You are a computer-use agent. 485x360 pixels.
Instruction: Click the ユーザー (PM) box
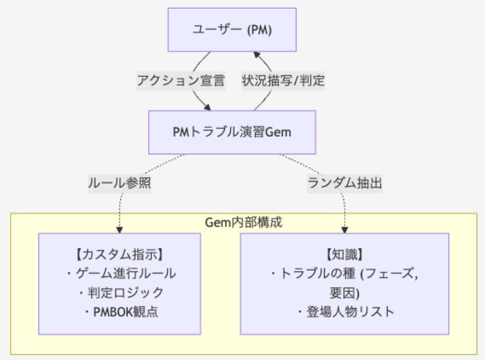[x=232, y=30]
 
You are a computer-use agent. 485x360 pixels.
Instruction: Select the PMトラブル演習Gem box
[x=232, y=132]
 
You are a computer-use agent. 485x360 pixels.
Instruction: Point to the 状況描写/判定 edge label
[x=283, y=81]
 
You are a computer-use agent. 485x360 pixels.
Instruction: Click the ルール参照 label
[x=119, y=183]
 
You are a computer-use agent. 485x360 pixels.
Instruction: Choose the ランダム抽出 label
[x=344, y=183]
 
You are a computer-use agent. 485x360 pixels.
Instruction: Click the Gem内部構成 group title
[x=243, y=222]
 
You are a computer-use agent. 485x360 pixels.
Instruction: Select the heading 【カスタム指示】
[x=119, y=255]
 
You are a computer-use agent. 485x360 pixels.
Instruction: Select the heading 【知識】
[x=344, y=255]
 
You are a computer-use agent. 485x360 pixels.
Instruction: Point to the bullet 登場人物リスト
[x=345, y=311]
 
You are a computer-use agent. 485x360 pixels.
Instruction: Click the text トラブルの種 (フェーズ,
[x=344, y=274]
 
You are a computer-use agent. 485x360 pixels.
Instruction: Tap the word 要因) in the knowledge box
[x=344, y=293]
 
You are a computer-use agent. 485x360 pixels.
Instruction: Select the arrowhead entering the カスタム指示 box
[x=119, y=229]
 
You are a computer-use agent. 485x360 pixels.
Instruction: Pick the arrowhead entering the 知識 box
[x=344, y=229]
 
